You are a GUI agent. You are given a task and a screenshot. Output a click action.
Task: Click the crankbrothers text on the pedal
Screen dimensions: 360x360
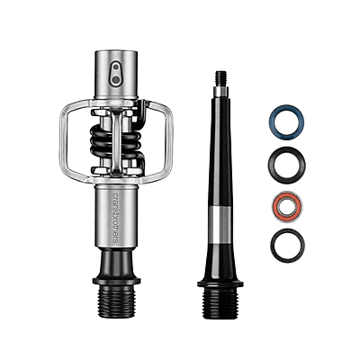click(115, 218)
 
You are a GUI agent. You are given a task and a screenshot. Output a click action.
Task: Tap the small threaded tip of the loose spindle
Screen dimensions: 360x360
click(220, 78)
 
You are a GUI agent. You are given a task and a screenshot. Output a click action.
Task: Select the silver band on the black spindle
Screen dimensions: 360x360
click(220, 221)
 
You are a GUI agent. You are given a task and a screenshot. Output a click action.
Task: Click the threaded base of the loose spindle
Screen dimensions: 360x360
click(220, 303)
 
